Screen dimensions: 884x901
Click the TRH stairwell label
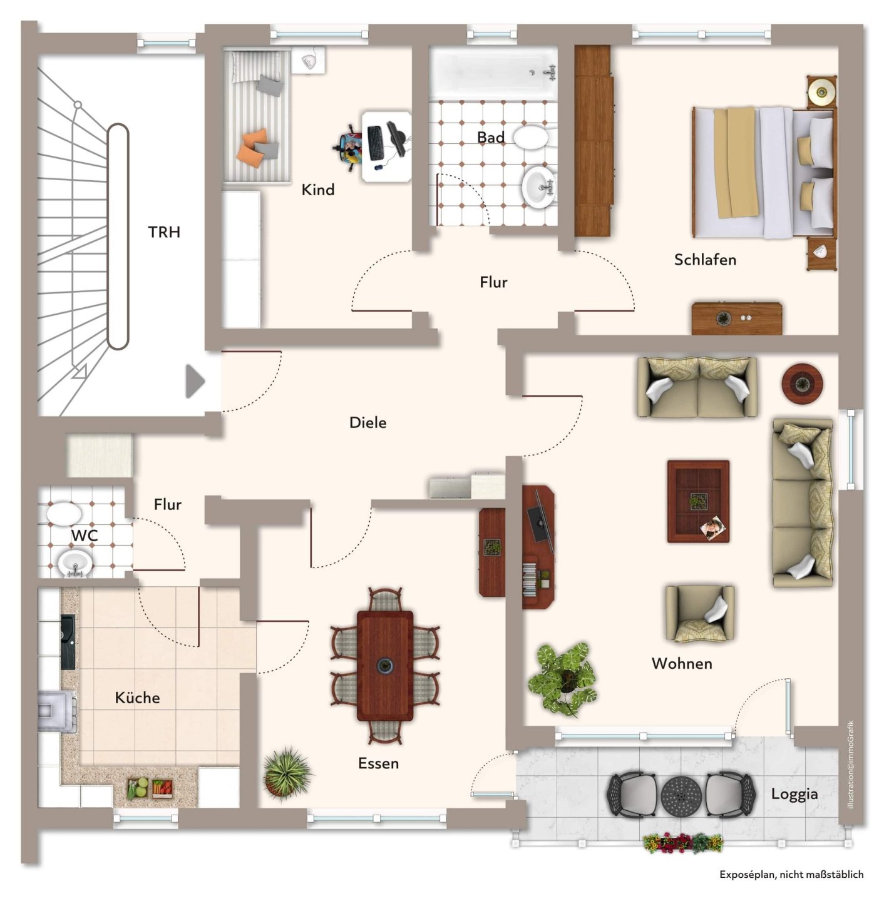(164, 232)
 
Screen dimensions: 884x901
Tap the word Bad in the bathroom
(491, 138)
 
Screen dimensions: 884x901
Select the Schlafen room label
(705, 260)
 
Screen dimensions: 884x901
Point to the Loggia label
(794, 794)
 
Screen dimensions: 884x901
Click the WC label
(85, 536)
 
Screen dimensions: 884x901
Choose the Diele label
(368, 423)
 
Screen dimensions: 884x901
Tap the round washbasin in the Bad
(539, 187)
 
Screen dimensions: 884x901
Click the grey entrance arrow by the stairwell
(195, 381)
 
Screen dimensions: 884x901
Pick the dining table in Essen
(384, 666)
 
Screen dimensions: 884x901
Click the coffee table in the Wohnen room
(698, 501)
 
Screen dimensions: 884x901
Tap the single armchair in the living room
(699, 613)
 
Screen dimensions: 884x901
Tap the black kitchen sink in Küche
(68, 641)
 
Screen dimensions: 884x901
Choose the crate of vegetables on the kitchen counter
(150, 788)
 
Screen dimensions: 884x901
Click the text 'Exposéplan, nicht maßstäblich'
(791, 875)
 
